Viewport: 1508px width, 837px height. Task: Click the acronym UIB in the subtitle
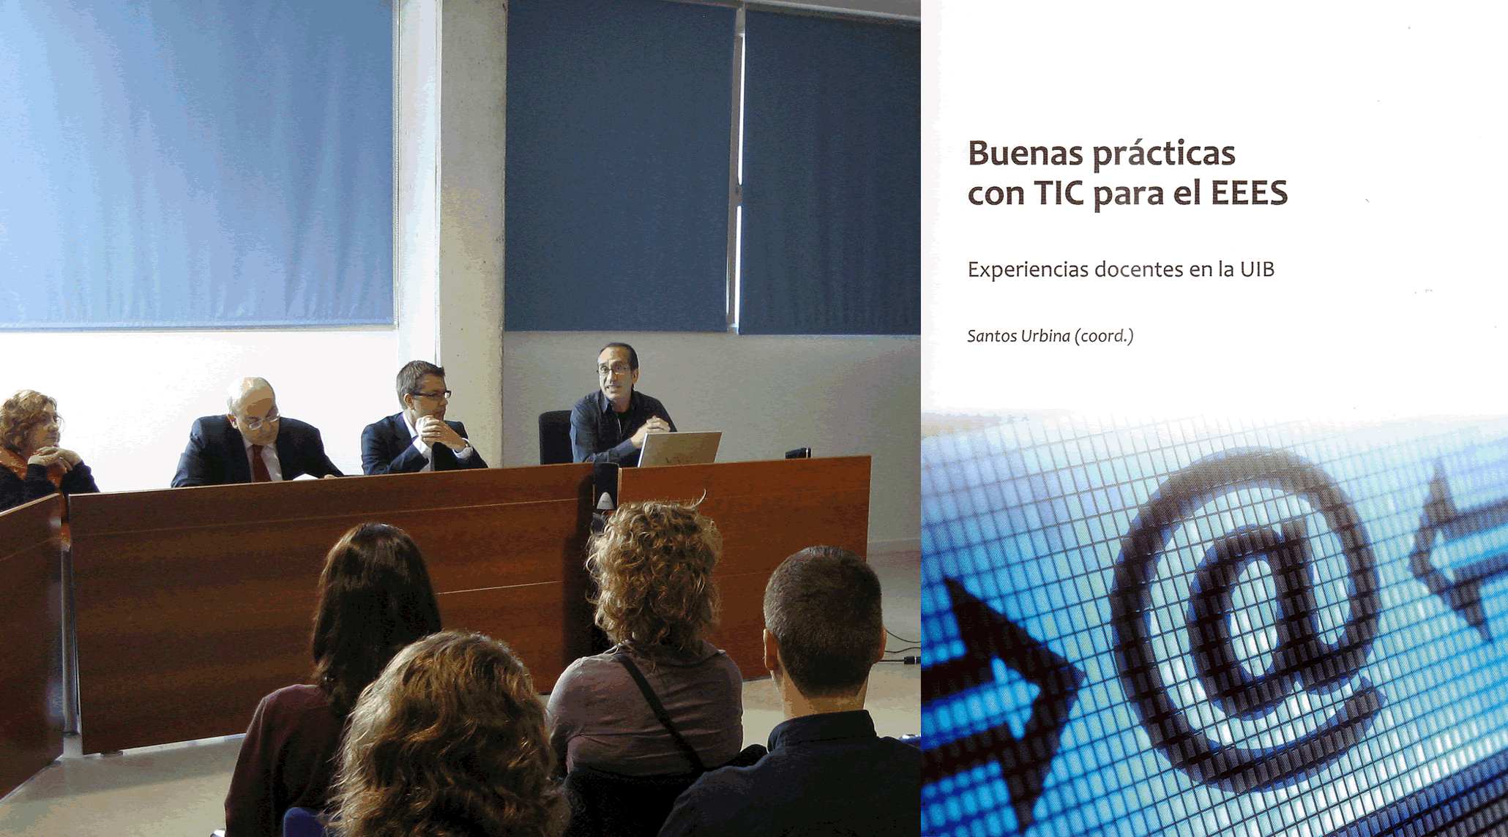(1257, 269)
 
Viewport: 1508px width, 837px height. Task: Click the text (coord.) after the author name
(1104, 336)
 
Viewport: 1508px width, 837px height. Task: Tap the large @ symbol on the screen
(1244, 622)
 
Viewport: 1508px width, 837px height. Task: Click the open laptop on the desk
(679, 448)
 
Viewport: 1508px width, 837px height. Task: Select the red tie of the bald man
(259, 462)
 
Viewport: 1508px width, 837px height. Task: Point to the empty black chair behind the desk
(555, 436)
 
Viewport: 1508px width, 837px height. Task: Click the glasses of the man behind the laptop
(613, 370)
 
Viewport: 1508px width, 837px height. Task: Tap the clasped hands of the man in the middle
(437, 433)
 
